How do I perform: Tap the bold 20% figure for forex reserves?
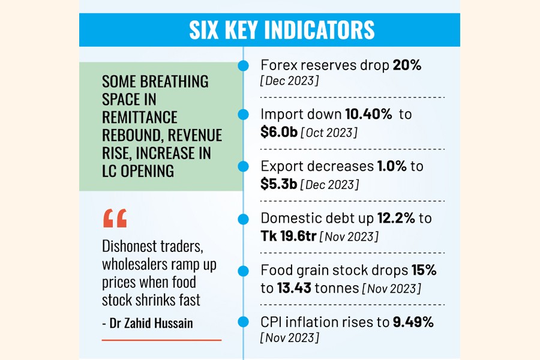[x=407, y=65]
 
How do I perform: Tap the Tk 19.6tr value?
[x=288, y=236]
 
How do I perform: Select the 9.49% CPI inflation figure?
[x=413, y=322]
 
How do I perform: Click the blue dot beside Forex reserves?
[x=243, y=66]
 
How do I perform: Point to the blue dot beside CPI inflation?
[x=243, y=322]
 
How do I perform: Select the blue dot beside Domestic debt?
[x=243, y=219]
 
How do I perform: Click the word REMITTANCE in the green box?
[x=140, y=117]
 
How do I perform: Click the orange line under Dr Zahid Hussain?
[x=161, y=340]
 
